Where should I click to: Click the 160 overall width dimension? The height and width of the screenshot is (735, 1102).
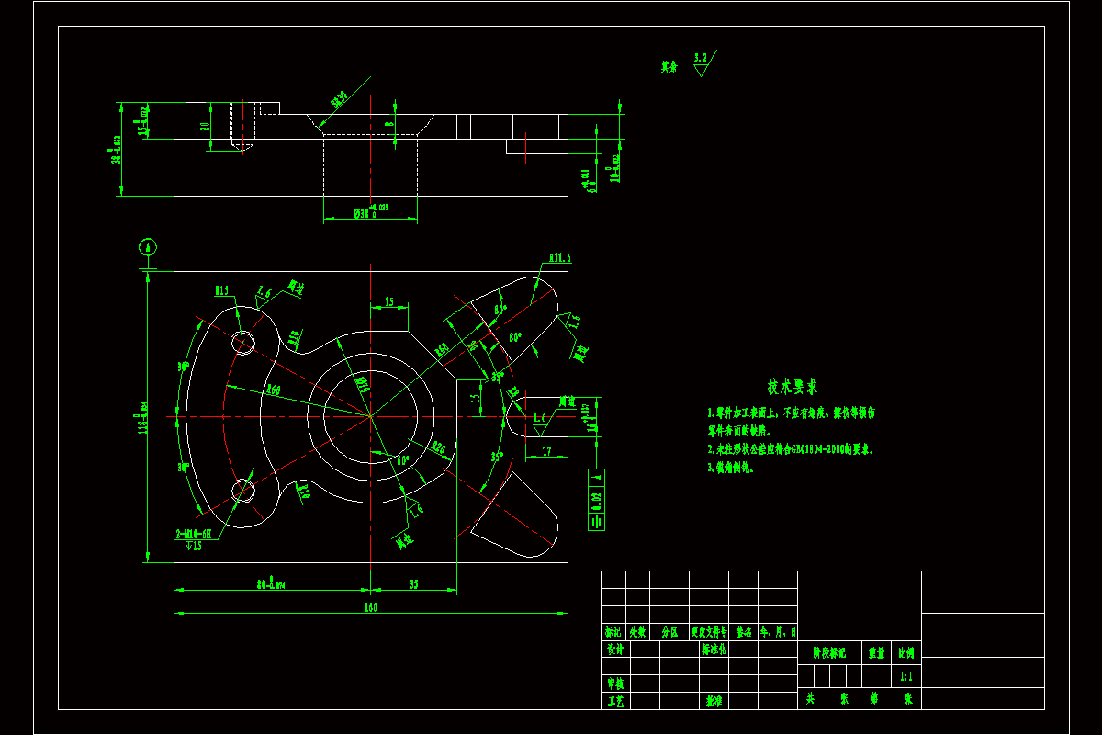(370, 607)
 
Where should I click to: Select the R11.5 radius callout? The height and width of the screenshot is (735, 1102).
(560, 258)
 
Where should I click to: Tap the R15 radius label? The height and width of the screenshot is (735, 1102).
(222, 290)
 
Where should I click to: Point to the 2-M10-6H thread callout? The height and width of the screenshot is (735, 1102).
(194, 533)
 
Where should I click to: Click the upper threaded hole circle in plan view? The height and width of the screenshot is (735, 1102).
(243, 342)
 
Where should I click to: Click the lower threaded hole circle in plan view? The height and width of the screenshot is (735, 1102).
(244, 491)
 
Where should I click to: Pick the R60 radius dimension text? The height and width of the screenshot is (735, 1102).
(273, 390)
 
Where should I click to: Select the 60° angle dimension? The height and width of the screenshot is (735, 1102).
(402, 460)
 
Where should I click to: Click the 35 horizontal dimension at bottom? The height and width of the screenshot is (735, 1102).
(413, 583)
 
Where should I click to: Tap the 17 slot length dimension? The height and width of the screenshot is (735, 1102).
(547, 450)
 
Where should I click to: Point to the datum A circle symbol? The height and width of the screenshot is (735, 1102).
(147, 246)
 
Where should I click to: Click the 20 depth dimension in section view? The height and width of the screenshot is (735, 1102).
(205, 127)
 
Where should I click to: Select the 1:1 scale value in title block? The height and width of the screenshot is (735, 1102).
(905, 676)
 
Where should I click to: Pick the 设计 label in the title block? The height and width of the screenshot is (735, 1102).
(614, 649)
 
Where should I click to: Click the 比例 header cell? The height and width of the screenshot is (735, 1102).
(905, 653)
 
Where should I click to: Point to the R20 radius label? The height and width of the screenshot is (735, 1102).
(438, 448)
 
